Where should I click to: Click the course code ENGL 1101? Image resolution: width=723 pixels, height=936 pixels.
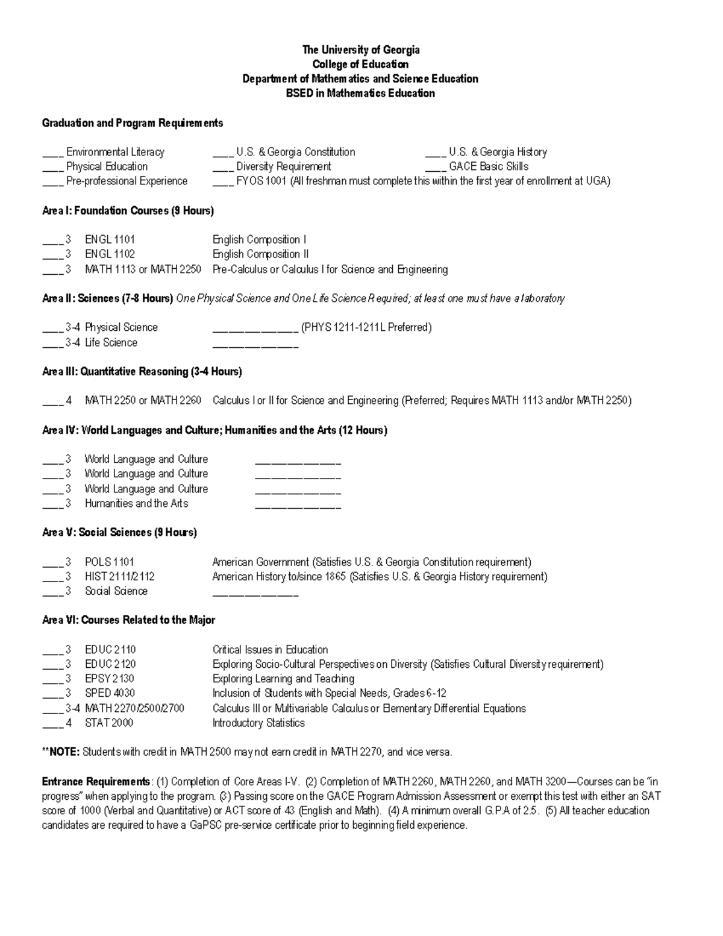[x=110, y=240]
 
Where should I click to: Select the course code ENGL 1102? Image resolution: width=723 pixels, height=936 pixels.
[x=110, y=254]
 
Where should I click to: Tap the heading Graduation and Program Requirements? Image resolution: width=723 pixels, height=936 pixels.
[x=132, y=124]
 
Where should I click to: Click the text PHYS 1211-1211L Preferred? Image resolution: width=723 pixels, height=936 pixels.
[x=366, y=328]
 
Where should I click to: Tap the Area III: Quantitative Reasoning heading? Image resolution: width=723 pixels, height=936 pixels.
[x=142, y=372]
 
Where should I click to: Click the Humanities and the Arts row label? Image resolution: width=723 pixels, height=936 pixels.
[x=136, y=504]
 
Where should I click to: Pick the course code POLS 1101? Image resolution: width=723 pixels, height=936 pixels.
[x=109, y=562]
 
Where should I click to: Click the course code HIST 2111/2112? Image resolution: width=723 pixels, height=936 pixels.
[x=119, y=577]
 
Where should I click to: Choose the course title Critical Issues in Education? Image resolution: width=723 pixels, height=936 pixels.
[x=270, y=650]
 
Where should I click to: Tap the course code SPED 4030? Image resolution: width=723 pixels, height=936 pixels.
[x=110, y=694]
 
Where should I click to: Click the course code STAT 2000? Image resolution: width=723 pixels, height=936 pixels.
[x=108, y=723]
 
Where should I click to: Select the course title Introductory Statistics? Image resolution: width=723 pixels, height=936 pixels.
[x=258, y=723]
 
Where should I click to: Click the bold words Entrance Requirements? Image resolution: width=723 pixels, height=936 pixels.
[x=96, y=782]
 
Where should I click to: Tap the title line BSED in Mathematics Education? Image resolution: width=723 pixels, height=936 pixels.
[x=360, y=93]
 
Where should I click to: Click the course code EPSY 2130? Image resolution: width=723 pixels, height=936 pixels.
[x=109, y=679]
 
